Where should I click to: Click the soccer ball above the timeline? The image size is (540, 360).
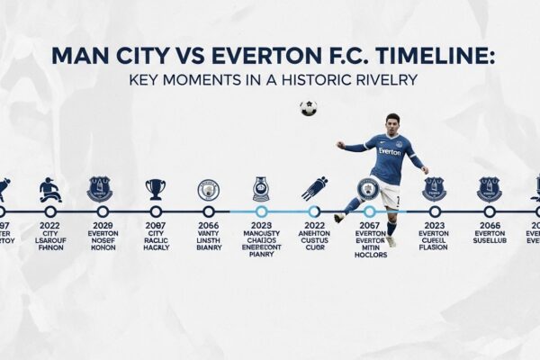pyautogui.click(x=309, y=108)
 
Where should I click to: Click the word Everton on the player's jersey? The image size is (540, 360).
pyautogui.click(x=390, y=151)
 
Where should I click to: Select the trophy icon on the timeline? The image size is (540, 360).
pyautogui.click(x=156, y=188)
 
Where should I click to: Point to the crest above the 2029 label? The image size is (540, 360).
pyautogui.click(x=100, y=188)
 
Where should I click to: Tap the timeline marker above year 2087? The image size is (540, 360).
pyautogui.click(x=156, y=212)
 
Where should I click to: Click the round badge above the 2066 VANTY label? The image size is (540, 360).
pyautogui.click(x=208, y=190)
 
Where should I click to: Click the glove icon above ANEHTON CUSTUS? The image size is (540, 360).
pyautogui.click(x=314, y=187)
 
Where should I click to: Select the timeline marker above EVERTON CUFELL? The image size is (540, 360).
pyautogui.click(x=434, y=212)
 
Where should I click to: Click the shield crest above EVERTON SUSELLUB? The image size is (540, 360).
pyautogui.click(x=490, y=188)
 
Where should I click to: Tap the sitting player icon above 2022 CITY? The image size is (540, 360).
pyautogui.click(x=50, y=189)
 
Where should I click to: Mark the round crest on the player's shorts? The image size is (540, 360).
pyautogui.click(x=367, y=188)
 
